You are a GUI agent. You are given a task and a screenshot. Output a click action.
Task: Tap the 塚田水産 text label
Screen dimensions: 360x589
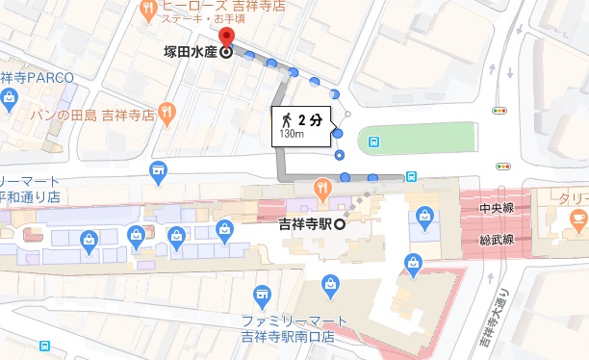pyautogui.click(x=188, y=53)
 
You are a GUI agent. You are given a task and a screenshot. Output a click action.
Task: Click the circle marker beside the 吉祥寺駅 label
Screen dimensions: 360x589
pyautogui.click(x=340, y=224)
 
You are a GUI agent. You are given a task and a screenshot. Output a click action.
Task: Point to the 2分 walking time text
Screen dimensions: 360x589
pyautogui.click(x=309, y=119)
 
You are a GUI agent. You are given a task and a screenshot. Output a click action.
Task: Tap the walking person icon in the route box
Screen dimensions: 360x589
pyautogui.click(x=288, y=119)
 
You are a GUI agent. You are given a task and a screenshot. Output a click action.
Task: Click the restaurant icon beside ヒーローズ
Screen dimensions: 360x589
pyautogui.click(x=149, y=11)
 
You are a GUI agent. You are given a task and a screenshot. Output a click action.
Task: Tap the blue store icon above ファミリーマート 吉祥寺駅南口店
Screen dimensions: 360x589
pyautogui.click(x=260, y=295)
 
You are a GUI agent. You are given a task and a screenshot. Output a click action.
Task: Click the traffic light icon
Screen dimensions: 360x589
pyautogui.click(x=499, y=111)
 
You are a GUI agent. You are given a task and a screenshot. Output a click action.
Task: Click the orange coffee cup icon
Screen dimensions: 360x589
pyautogui.click(x=577, y=220)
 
